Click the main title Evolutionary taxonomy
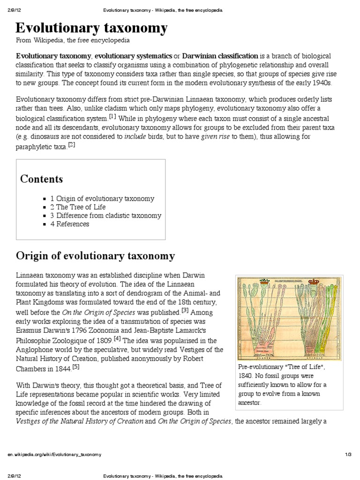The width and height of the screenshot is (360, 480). click(91, 28)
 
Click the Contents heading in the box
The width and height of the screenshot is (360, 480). click(41, 179)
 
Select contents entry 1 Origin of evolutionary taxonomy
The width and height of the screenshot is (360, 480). click(102, 199)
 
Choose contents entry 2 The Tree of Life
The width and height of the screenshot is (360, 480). click(78, 207)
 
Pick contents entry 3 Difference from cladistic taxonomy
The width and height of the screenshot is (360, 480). click(105, 216)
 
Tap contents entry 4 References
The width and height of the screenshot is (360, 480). click(69, 224)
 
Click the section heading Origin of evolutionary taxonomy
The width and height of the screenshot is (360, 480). click(95, 256)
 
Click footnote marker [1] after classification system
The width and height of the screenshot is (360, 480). click(112, 116)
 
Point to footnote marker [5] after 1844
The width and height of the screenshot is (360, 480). click(76, 367)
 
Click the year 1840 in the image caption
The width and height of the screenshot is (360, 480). click(246, 376)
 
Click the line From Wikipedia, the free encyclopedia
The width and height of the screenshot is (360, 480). click(73, 41)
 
